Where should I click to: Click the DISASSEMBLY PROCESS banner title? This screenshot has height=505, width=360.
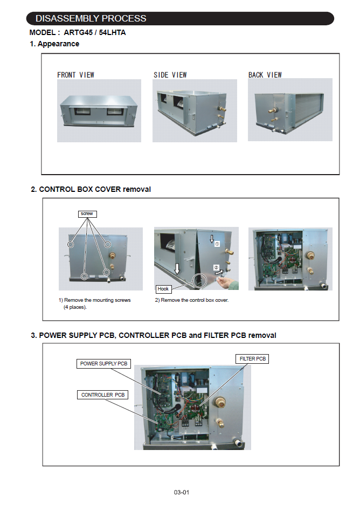91,18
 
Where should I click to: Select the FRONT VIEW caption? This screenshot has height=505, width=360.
75,75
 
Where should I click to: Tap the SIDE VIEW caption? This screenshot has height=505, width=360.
171,75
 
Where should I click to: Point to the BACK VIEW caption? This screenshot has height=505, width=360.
265,75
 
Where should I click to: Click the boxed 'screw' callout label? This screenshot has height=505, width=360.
87,214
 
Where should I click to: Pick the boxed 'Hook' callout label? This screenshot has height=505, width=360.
163,289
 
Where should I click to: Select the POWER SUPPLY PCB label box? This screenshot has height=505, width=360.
105,364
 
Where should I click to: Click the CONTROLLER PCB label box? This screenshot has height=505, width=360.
102,395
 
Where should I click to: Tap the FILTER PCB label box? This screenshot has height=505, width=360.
252,358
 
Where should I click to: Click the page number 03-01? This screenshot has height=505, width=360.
181,492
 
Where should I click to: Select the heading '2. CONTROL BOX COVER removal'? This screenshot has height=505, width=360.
91,189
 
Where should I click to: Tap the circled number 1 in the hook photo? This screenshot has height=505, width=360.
217,244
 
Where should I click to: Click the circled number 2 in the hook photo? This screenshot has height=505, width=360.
216,267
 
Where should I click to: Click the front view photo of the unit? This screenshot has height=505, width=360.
99,111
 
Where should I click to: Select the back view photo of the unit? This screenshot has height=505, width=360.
290,110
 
